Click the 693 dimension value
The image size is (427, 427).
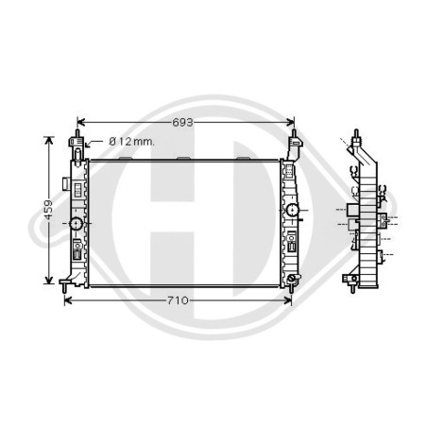click(182, 123)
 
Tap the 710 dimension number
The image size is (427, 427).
click(178, 300)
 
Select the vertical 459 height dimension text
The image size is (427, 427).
click(48, 210)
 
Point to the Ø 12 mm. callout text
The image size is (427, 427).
click(131, 142)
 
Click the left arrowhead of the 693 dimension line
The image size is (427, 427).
click(81, 122)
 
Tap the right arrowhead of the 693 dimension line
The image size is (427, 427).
click(290, 122)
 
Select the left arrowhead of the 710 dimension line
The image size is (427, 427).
click(68, 300)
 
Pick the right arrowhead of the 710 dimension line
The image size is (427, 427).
click(287, 300)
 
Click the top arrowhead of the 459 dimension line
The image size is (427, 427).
click(48, 141)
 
